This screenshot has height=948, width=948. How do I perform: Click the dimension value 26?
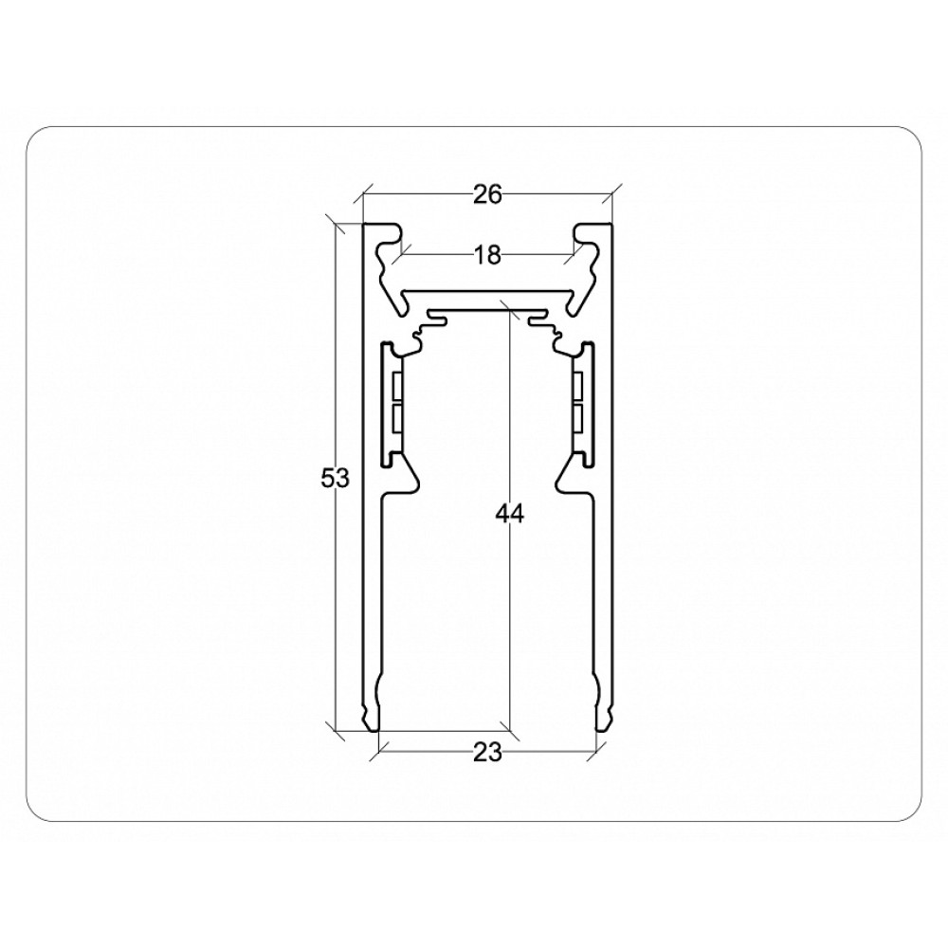click(487, 194)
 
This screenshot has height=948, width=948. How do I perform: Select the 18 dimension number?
click(487, 256)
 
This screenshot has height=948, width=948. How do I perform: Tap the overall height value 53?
click(335, 479)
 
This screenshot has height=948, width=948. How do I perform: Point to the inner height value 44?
click(510, 515)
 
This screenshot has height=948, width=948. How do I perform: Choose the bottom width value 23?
click(487, 754)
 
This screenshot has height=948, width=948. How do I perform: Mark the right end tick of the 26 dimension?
click(612, 194)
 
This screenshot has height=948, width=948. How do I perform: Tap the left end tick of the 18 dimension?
click(401, 255)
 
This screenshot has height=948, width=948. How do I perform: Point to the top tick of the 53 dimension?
click(336, 223)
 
